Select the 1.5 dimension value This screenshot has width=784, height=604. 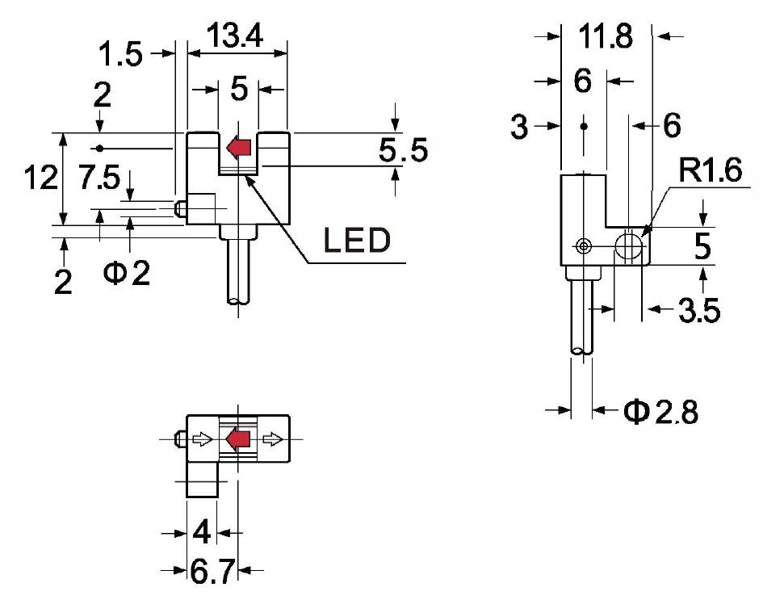coord(120,55)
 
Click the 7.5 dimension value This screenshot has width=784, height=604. coord(99,179)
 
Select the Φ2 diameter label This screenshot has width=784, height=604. coord(127,274)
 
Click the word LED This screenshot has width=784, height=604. coord(357,241)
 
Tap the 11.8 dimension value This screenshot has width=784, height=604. coord(606,37)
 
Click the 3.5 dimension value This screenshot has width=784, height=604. coord(699,310)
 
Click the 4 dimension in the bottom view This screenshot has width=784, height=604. coord(202,532)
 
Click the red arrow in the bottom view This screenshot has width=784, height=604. coord(237,439)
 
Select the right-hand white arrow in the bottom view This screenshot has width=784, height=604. coord(274,439)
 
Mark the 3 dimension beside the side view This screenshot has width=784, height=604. coord(521,125)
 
